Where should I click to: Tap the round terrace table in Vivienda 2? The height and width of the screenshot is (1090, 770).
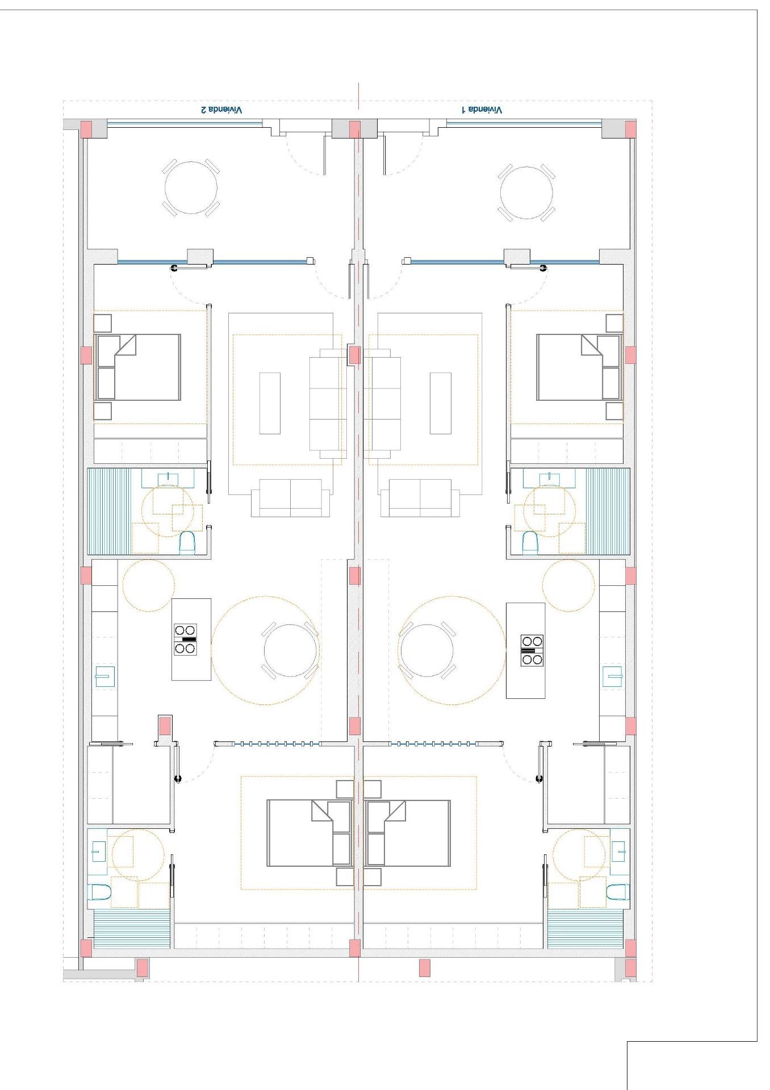pyautogui.click(x=191, y=188)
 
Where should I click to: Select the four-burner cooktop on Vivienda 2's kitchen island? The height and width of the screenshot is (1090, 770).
pyautogui.click(x=186, y=639)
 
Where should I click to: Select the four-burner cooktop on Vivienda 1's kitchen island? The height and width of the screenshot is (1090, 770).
pyautogui.click(x=532, y=650)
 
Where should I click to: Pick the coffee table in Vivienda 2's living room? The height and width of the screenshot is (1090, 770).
pyautogui.click(x=270, y=403)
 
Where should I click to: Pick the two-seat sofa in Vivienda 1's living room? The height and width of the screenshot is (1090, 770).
pyautogui.click(x=420, y=498)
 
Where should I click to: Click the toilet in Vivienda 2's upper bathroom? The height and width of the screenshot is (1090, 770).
pyautogui.click(x=187, y=543)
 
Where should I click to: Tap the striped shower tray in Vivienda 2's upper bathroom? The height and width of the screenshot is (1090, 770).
pyautogui.click(x=109, y=511)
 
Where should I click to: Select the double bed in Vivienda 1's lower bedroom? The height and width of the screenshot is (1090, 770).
pyautogui.click(x=409, y=833)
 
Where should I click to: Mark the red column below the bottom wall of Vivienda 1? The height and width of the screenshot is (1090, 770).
pyautogui.click(x=424, y=967)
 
